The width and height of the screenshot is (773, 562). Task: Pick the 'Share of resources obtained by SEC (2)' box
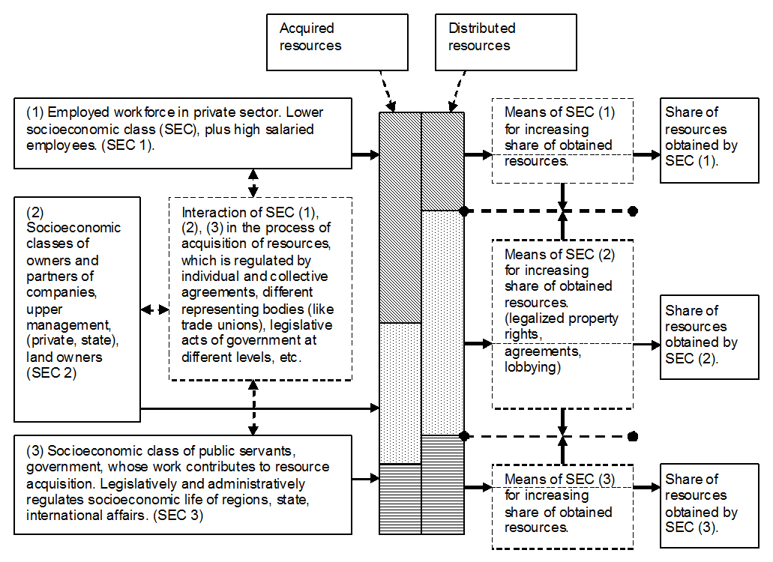708,335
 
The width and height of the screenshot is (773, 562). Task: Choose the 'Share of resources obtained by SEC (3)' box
708,503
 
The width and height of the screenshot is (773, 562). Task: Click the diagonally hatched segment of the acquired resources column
400,217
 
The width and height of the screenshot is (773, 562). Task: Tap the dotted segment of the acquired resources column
400,393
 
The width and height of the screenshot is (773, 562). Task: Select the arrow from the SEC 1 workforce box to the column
365,155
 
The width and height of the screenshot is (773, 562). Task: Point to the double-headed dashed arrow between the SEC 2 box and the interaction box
154,309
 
